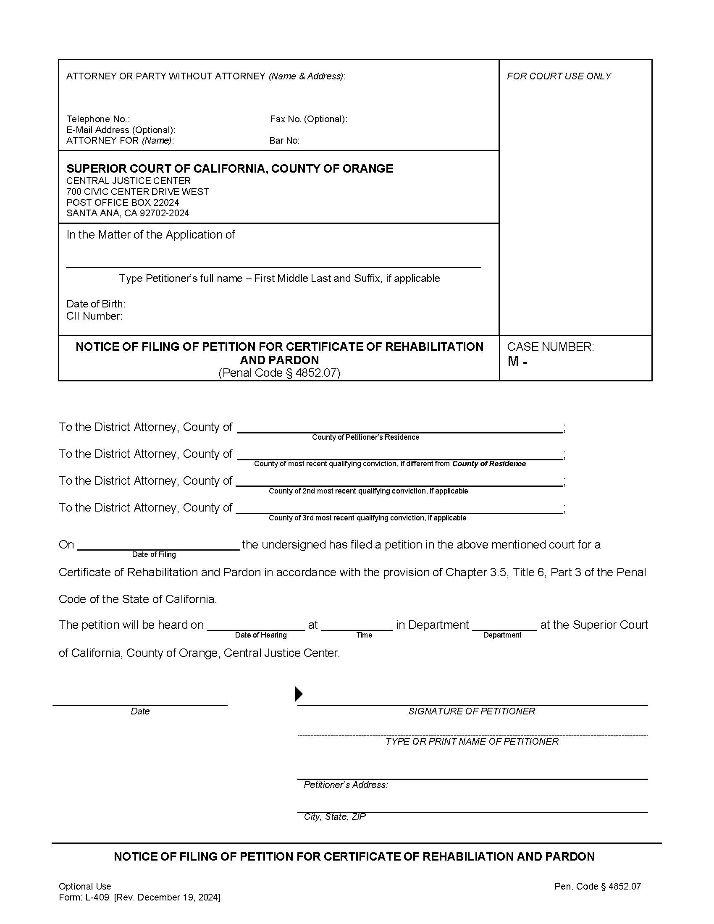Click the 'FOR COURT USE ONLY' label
click(559, 76)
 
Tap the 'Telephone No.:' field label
click(98, 119)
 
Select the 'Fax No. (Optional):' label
click(308, 119)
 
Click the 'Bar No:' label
click(284, 140)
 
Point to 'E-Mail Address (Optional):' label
click(121, 130)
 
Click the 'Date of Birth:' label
click(96, 304)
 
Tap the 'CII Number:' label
click(94, 316)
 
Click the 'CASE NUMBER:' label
click(550, 346)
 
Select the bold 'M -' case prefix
click(517, 362)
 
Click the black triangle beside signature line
click(299, 694)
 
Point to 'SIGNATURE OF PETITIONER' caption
click(472, 711)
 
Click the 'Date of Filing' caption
click(154, 554)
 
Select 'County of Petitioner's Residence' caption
click(365, 437)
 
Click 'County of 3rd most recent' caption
click(367, 518)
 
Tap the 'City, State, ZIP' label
click(335, 816)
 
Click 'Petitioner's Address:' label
click(346, 785)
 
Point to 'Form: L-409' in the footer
click(84, 898)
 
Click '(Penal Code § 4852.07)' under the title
click(279, 373)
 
